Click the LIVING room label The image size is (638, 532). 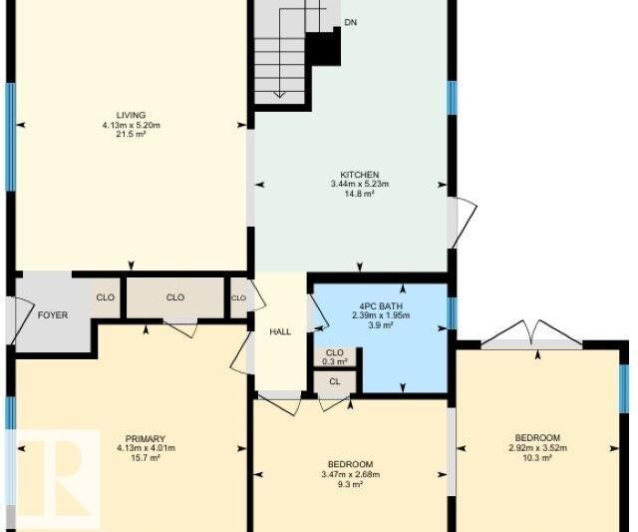pos(131,115)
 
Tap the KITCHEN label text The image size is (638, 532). pos(360,175)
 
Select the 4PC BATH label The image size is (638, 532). pos(381,306)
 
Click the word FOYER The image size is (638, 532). pos(53,315)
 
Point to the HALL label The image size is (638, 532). pos(280,332)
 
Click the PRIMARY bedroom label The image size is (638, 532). pos(146,439)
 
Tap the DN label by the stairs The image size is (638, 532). pos(351,22)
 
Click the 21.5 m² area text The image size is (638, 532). pos(131,134)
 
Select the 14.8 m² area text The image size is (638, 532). pos(360,194)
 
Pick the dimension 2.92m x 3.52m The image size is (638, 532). pos(538,448)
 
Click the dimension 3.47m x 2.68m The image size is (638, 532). pos(350,474)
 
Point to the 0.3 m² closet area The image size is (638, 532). pos(335,361)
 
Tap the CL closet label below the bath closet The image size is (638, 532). pos(335,382)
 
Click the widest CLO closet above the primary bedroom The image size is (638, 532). pos(175,297)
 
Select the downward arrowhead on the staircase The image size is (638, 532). pos(279,95)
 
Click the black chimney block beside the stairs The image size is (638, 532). pos(323,47)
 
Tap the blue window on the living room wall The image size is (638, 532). pos(11,137)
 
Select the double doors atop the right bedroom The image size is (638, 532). pos(531,334)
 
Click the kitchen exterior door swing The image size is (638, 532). pos(463,223)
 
